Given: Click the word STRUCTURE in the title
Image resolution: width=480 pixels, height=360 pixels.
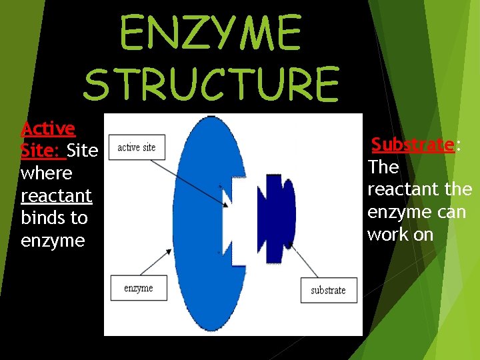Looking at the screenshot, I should click(x=212, y=83).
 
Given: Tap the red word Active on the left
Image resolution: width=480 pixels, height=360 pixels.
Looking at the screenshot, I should click(x=48, y=127).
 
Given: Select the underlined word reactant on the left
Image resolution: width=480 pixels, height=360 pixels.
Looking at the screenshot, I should click(x=56, y=195).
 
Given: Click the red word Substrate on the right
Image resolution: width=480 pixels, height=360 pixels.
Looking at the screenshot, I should click(x=413, y=144).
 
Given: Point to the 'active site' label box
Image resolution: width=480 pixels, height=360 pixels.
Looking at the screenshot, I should click(x=137, y=147).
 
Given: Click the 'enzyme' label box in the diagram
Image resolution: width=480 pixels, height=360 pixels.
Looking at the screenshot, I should click(x=139, y=288).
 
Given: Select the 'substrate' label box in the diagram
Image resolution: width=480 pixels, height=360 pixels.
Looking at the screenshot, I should click(x=328, y=290).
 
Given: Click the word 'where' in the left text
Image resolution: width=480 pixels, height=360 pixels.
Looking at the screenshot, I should click(x=46, y=173).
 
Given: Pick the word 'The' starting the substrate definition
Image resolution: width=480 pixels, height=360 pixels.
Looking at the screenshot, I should click(x=383, y=167).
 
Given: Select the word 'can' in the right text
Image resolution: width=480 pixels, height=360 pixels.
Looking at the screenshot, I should click(x=452, y=212).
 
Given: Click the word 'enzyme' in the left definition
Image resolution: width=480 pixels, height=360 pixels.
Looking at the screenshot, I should click(x=53, y=241).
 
